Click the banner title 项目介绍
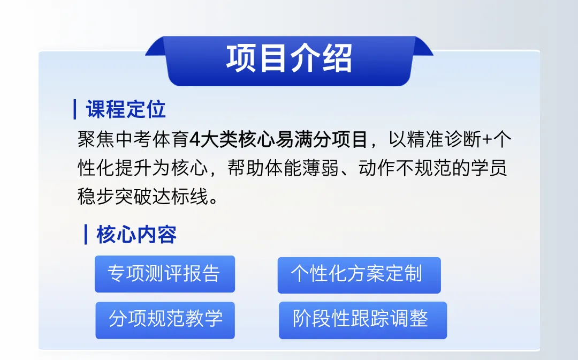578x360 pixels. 289,58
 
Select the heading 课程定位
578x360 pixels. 126,109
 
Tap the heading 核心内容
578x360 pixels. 136,235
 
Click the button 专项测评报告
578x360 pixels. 164,274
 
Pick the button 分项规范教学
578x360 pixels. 165,320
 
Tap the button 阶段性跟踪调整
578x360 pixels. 362,320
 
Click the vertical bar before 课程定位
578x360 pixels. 75,109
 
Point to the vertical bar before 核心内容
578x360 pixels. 86,235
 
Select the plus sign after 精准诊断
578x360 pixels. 487,140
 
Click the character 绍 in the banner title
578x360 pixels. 337,58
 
